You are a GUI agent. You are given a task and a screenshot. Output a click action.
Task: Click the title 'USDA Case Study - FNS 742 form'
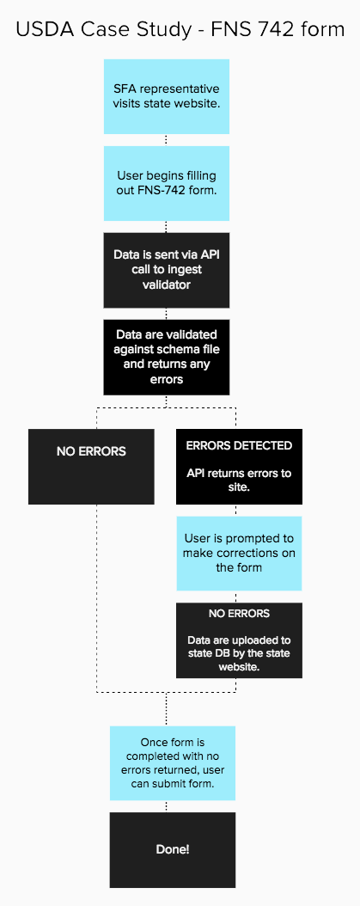click(x=180, y=30)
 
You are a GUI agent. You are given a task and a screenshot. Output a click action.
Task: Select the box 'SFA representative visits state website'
click(x=167, y=96)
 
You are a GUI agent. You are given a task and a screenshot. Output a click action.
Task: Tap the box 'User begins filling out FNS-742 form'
click(x=167, y=182)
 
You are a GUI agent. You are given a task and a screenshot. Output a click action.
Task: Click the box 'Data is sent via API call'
click(x=167, y=270)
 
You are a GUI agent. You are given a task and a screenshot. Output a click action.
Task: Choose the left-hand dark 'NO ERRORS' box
click(x=91, y=467)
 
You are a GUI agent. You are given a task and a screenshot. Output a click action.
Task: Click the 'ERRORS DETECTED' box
click(x=239, y=467)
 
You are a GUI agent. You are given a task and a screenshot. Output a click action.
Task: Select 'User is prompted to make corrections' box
click(x=239, y=553)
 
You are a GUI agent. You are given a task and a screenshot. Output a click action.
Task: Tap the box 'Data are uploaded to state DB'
click(x=239, y=640)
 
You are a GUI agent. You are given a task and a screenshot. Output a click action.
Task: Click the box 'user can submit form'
click(x=173, y=763)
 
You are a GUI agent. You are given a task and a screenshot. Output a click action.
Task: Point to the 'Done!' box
click(x=173, y=849)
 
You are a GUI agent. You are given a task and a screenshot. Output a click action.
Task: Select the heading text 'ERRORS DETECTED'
click(x=239, y=445)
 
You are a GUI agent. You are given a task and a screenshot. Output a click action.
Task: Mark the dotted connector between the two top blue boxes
click(x=166, y=140)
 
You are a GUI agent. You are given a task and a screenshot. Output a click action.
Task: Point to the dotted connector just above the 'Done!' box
click(x=166, y=806)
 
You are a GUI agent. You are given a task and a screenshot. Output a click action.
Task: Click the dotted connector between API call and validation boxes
click(x=166, y=314)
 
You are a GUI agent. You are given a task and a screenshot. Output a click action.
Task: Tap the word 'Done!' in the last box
click(x=173, y=849)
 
